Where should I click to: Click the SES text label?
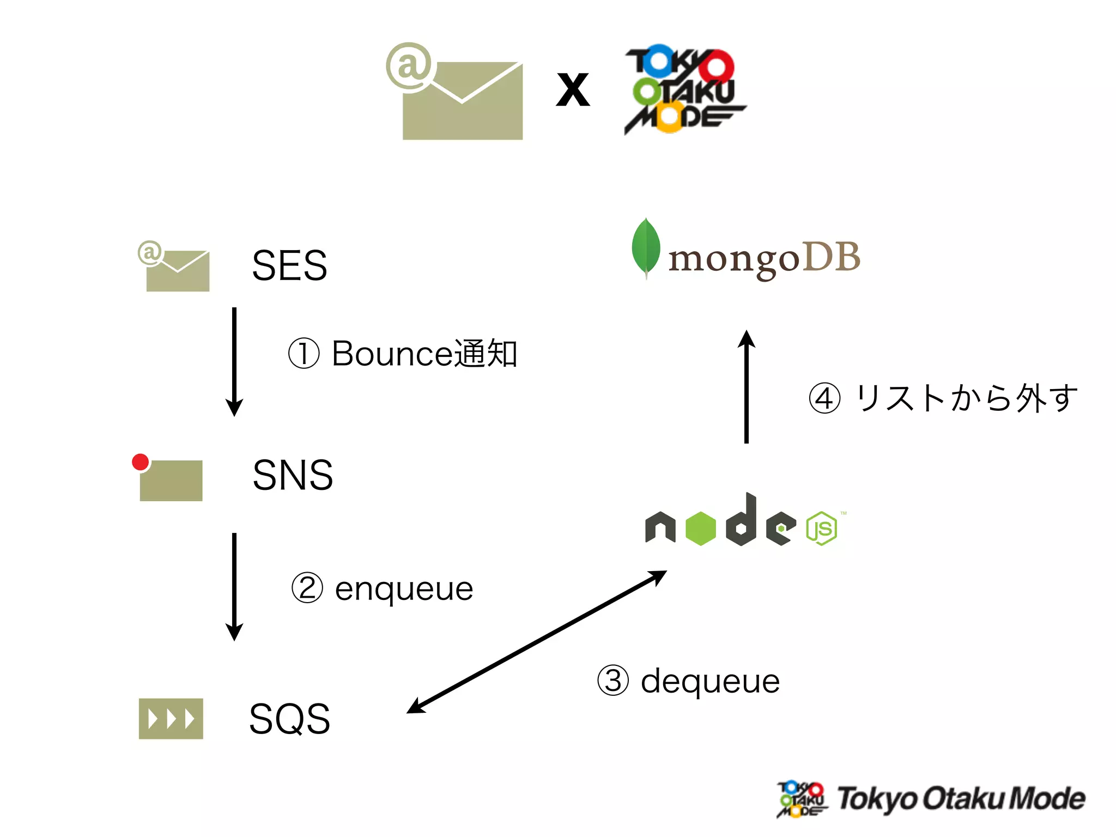click(x=289, y=266)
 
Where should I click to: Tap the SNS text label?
click(x=293, y=475)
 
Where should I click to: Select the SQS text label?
click(x=289, y=719)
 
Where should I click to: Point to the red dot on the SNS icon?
click(x=141, y=462)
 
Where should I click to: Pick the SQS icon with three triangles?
click(x=171, y=719)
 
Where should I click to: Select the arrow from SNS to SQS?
click(x=234, y=586)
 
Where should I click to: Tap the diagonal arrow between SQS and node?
click(x=537, y=642)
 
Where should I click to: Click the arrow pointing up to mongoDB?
click(x=747, y=387)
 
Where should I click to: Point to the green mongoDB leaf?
click(x=646, y=248)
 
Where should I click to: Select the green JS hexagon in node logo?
click(x=822, y=527)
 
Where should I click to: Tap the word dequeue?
click(x=710, y=682)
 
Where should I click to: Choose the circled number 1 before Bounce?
click(x=304, y=354)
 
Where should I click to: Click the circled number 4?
click(x=824, y=398)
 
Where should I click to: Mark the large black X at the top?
click(x=573, y=90)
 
